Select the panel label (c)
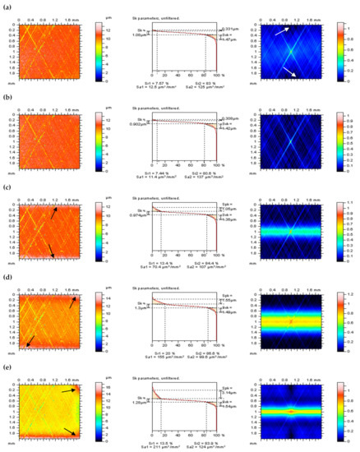click(6, 189)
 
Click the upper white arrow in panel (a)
click(281, 30)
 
